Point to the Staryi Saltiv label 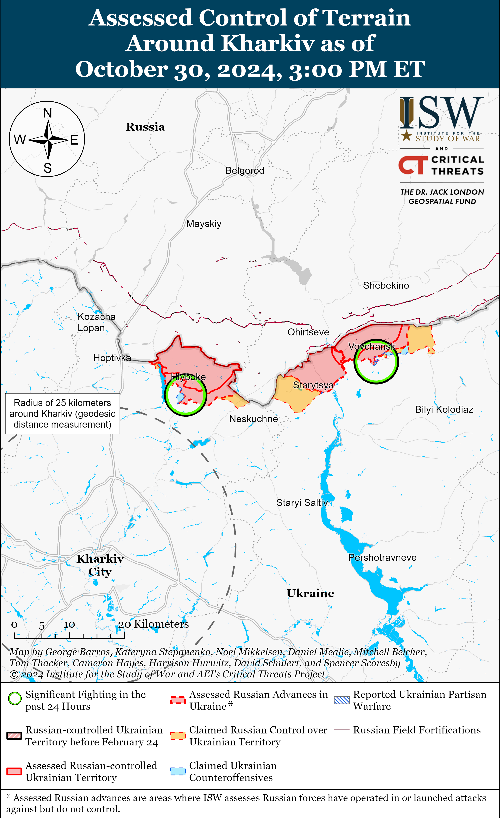302,503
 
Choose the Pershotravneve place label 382,557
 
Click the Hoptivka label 112,358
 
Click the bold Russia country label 145,127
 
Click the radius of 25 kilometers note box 62,414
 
